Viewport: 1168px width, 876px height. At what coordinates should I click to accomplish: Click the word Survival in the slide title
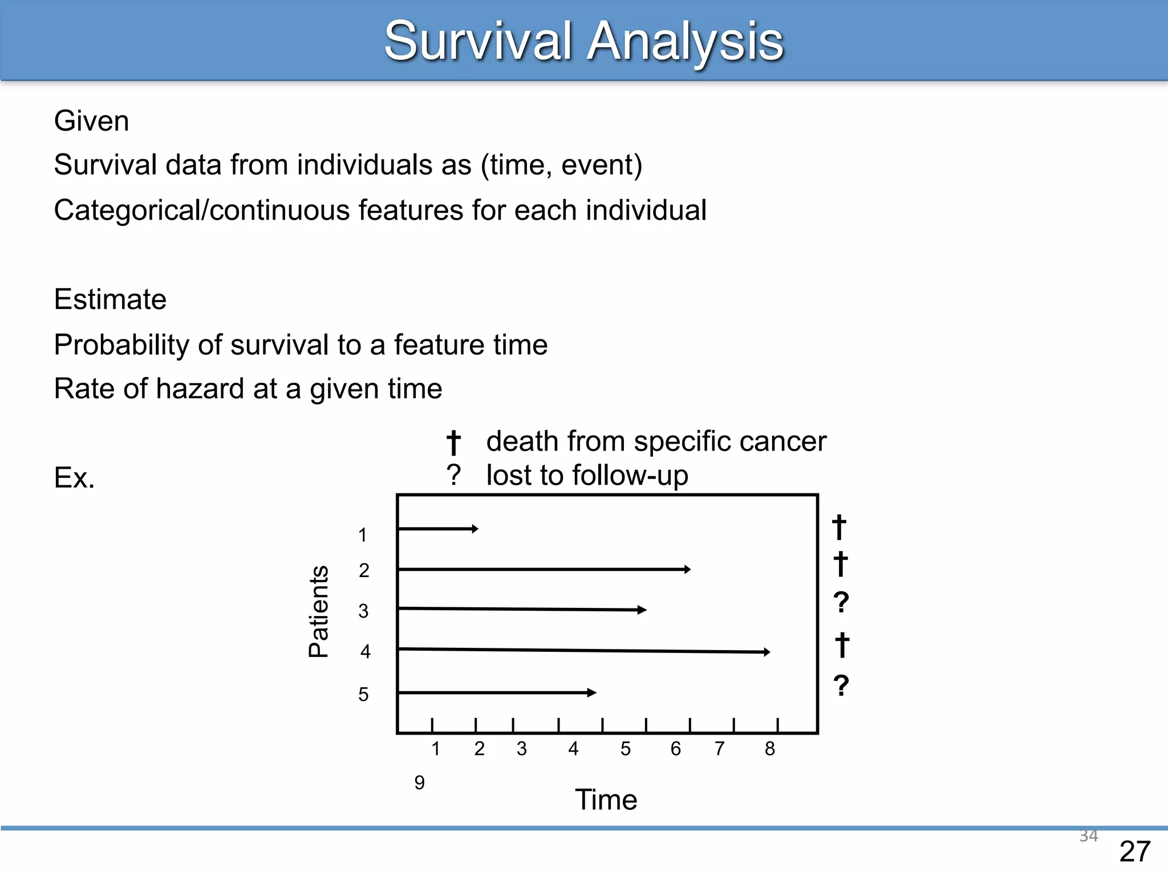478,41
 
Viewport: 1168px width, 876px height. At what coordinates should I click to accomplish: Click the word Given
91,121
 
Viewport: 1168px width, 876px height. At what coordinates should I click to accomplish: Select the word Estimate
110,299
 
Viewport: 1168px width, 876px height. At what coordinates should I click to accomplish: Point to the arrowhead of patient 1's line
475,529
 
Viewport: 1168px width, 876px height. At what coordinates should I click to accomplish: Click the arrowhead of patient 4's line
767,652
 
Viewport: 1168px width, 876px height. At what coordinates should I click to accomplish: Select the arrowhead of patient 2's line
687,569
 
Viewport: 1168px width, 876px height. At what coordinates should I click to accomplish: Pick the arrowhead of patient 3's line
643,610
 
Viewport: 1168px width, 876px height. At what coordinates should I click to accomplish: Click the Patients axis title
318,611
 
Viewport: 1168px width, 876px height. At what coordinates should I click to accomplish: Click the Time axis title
606,800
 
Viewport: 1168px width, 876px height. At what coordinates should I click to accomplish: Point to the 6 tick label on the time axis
676,749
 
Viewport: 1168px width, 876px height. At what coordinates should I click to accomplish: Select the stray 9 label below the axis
420,783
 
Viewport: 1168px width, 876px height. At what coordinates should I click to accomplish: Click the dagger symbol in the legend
453,443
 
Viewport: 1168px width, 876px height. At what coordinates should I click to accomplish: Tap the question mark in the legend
453,476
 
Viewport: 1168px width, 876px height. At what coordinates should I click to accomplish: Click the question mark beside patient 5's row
841,686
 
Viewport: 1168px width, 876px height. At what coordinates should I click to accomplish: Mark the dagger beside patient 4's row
842,645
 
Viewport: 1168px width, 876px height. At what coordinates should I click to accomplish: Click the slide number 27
1134,852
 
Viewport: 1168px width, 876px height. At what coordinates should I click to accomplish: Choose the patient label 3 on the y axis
363,611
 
